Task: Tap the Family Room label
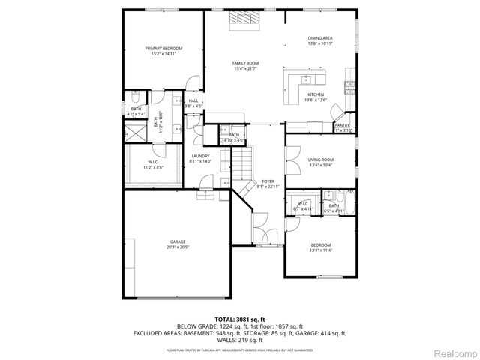click(x=245, y=63)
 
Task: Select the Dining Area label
click(x=320, y=38)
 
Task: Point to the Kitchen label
click(x=315, y=94)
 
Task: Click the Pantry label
click(x=343, y=125)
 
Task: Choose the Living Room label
click(x=320, y=160)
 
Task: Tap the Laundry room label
click(x=200, y=156)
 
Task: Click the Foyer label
click(x=268, y=181)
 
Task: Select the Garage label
click(x=177, y=241)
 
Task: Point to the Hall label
click(x=193, y=100)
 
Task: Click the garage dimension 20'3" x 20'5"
click(x=177, y=247)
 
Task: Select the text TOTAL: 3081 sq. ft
click(x=239, y=319)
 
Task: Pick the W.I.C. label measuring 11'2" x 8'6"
click(x=152, y=164)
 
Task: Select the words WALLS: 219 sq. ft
click(x=239, y=339)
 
